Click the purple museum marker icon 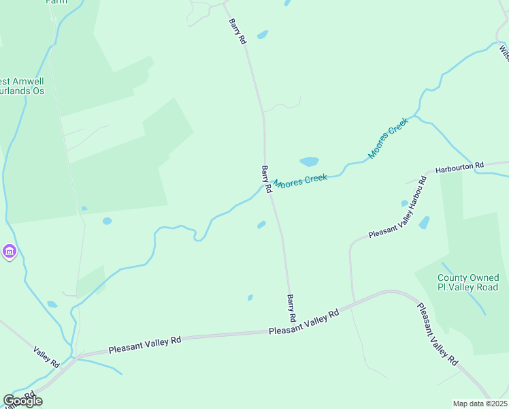point(9,252)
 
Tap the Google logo point(22,401)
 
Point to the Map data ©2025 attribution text point(480,404)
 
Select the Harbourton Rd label point(459,166)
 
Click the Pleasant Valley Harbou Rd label point(397,207)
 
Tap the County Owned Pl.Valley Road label point(468,282)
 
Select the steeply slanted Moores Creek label point(387,138)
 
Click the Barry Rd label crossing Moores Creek point(267,179)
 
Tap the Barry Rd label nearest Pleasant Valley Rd point(291,308)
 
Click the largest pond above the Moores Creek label point(309,162)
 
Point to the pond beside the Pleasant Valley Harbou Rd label point(425,222)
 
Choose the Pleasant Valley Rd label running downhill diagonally point(436,334)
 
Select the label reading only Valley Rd point(47,357)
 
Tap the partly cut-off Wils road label point(504,51)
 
